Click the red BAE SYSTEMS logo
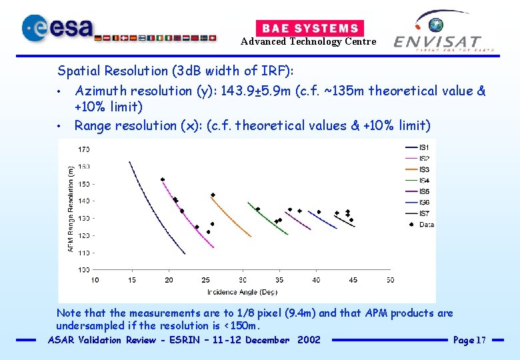pyautogui.click(x=310, y=28)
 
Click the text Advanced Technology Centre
pyautogui.click(x=308, y=41)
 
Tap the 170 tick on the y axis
pyautogui.click(x=85, y=149)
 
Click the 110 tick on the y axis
pyautogui.click(x=85, y=253)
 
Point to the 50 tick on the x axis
pyautogui.click(x=390, y=280)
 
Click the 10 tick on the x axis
pyautogui.click(x=95, y=280)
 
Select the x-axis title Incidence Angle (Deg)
pyautogui.click(x=242, y=292)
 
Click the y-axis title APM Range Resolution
pyautogui.click(x=71, y=209)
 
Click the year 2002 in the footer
pyautogui.click(x=309, y=340)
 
